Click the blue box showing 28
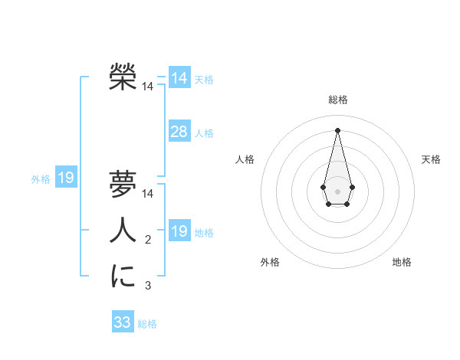click(x=179, y=132)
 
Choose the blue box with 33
click(x=123, y=322)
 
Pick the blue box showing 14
click(x=179, y=78)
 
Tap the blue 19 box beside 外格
click(x=66, y=178)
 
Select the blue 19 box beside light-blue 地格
click(x=179, y=231)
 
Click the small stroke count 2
click(x=148, y=241)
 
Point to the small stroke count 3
click(x=148, y=286)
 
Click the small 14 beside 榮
click(x=147, y=87)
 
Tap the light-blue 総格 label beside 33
click(x=147, y=324)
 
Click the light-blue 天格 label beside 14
click(x=203, y=80)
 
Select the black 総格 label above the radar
click(x=337, y=100)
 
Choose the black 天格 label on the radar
click(x=431, y=159)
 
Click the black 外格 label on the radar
click(x=270, y=262)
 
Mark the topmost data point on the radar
click(x=337, y=129)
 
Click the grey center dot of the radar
click(x=337, y=191)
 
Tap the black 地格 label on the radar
click(x=402, y=262)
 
